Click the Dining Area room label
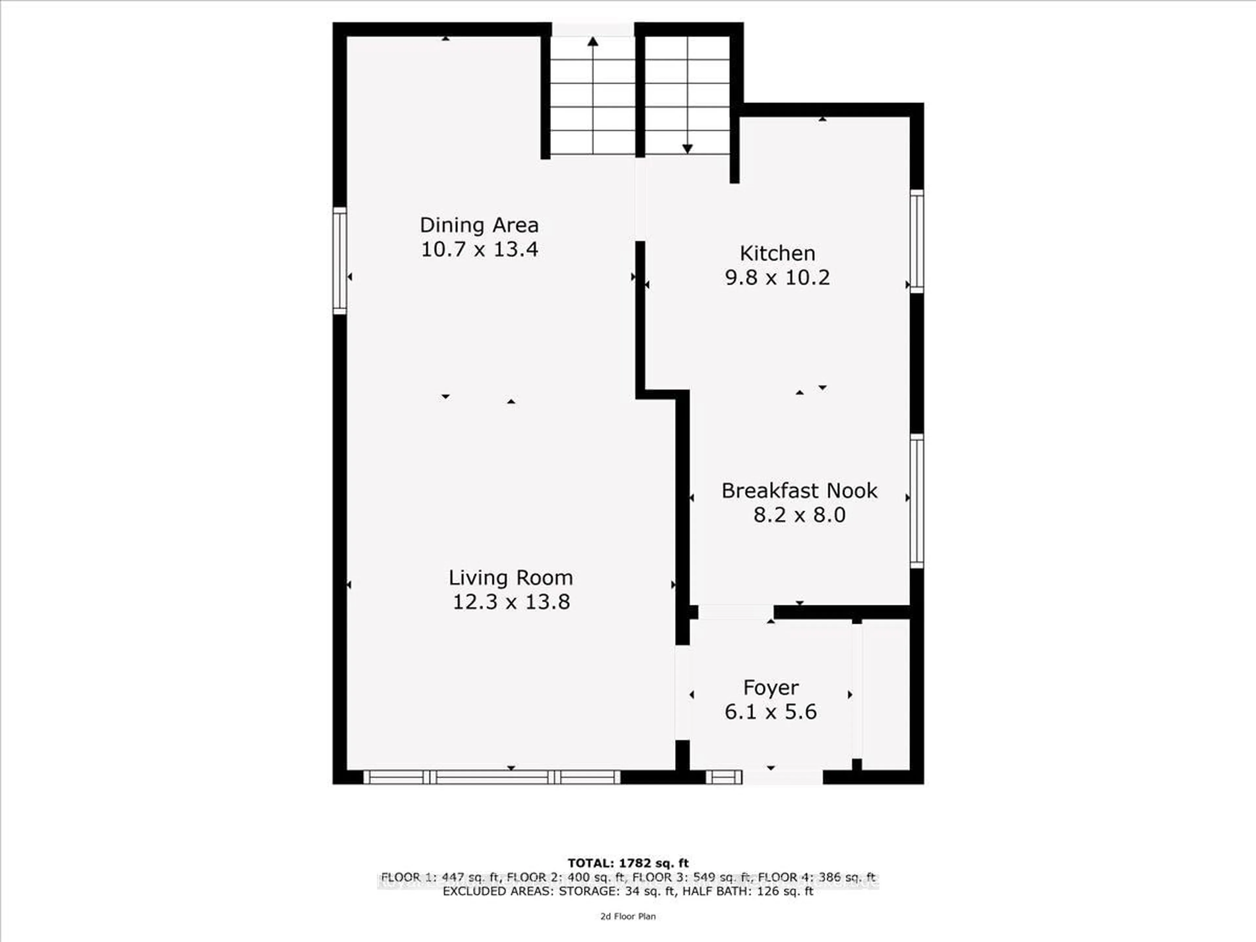tap(479, 225)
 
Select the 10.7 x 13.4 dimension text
tap(479, 249)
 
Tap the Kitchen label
tap(777, 253)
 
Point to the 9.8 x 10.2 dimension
tap(777, 278)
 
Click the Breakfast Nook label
tap(799, 491)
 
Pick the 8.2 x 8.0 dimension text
tap(799, 515)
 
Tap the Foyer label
tap(771, 688)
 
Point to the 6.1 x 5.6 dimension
tap(771, 711)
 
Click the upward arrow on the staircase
tap(593, 42)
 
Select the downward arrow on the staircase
tap(687, 149)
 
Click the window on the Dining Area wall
tap(340, 261)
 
